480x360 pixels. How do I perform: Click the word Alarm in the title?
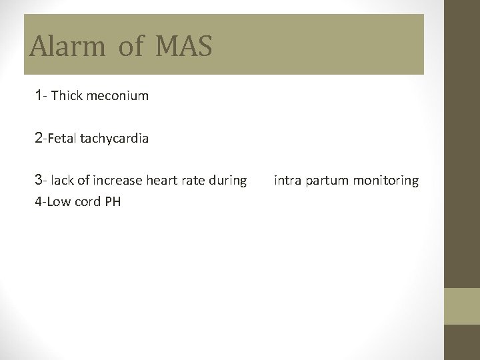click(x=67, y=47)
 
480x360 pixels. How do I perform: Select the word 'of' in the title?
click(x=131, y=47)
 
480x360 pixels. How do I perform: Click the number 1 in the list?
click(x=39, y=95)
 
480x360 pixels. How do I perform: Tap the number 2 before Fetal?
click(x=39, y=138)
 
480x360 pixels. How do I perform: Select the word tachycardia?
click(x=114, y=139)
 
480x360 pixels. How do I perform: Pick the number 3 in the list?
click(x=39, y=180)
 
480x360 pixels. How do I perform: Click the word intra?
click(x=287, y=181)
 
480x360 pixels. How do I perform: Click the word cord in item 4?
click(x=87, y=201)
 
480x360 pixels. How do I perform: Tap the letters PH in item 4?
click(x=113, y=201)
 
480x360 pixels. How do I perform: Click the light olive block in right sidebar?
click(x=462, y=307)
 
